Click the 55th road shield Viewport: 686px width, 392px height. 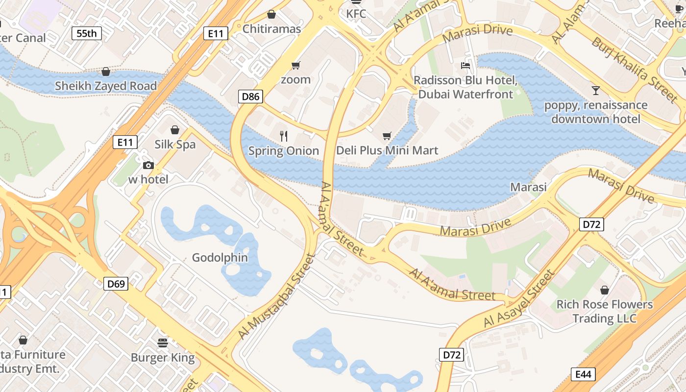click(87, 33)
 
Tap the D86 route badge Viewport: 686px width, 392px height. click(250, 97)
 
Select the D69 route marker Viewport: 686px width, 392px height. click(116, 283)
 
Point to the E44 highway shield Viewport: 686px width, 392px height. click(583, 374)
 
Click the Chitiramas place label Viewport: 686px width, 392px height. click(271, 29)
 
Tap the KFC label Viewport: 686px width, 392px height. click(356, 14)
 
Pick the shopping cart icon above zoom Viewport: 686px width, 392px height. click(295, 65)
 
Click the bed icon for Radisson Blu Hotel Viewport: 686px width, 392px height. click(465, 66)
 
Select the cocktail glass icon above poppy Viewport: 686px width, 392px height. click(595, 91)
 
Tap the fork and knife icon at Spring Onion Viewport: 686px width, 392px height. click(283, 136)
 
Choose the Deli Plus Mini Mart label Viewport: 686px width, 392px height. click(387, 150)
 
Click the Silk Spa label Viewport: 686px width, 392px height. click(175, 145)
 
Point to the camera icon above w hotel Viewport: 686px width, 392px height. click(148, 165)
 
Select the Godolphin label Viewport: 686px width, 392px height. click(220, 258)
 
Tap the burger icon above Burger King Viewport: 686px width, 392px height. click(163, 342)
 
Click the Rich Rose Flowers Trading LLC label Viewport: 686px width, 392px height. click(604, 312)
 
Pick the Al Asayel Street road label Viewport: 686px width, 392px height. click(520, 299)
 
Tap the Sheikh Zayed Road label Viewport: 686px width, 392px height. click(106, 86)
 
